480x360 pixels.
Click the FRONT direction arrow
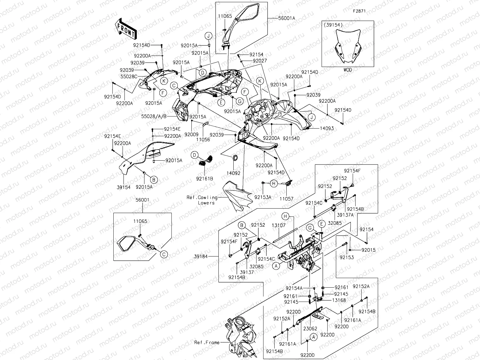click(125, 29)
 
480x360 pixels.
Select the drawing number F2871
click(359, 11)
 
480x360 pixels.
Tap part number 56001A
click(287, 18)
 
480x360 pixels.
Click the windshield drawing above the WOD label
click(348, 46)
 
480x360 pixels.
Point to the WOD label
click(348, 70)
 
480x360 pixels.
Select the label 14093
click(327, 129)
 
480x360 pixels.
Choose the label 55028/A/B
click(154, 117)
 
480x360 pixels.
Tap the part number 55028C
click(129, 77)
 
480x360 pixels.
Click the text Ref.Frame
click(207, 343)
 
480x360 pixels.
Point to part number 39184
click(201, 257)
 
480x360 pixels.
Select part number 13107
click(278, 225)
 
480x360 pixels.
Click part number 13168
click(339, 300)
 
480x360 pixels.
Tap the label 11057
click(286, 199)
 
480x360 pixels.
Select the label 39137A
click(345, 215)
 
